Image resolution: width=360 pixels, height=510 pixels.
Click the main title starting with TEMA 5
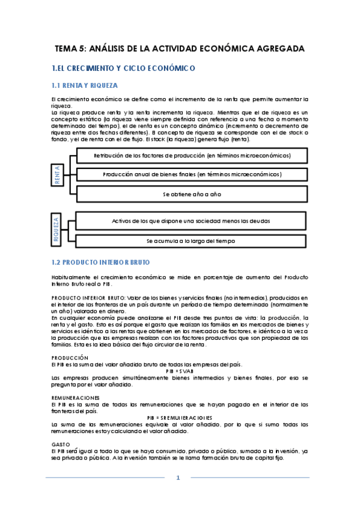pos(180,48)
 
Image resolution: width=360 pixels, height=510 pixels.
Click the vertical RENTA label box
pos(58,174)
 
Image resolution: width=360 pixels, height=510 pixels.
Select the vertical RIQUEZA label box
pos(58,230)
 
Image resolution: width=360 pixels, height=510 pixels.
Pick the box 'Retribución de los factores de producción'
pos(192,155)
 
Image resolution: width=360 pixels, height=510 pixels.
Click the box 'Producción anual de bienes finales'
pos(192,174)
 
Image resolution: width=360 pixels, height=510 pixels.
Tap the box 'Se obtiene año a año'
pos(192,194)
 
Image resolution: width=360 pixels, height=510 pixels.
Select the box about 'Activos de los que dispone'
pos(192,221)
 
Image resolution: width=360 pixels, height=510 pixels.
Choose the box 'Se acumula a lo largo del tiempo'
pos(192,241)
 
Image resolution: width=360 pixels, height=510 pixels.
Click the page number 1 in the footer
pos(178,478)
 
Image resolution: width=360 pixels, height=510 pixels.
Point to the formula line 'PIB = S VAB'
pos(180,372)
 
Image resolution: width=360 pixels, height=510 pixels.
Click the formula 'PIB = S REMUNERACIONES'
pos(180,417)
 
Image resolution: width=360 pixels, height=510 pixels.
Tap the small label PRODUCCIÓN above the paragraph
pos(70,358)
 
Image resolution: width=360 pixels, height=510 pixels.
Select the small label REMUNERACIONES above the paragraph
pos(75,398)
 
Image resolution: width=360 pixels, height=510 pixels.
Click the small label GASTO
pos(61,444)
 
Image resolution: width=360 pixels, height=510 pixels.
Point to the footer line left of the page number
pos(105,478)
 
